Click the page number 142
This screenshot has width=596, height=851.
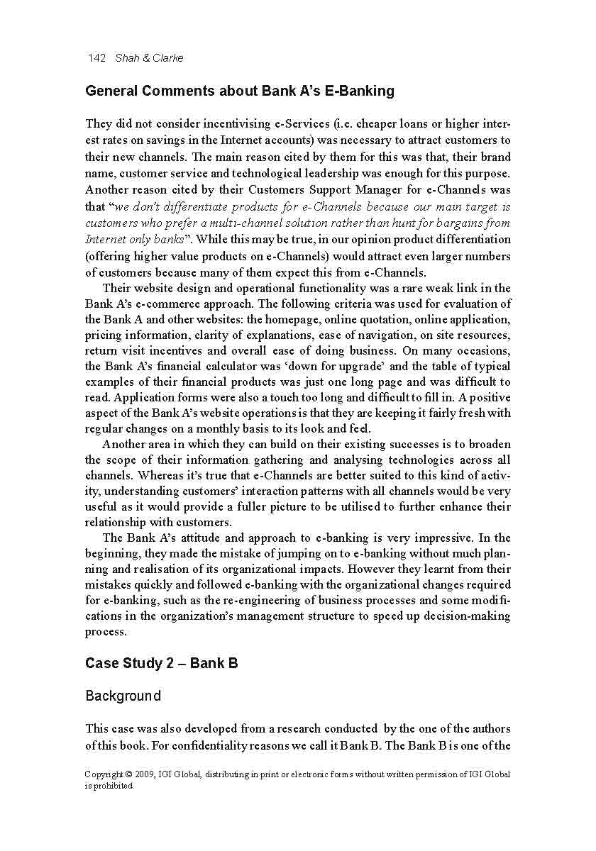pyautogui.click(x=96, y=58)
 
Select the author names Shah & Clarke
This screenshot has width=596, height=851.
pyautogui.click(x=149, y=58)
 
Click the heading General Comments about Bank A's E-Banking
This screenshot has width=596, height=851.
pyautogui.click(x=240, y=91)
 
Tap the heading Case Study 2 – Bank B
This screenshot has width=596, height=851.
pyautogui.click(x=161, y=663)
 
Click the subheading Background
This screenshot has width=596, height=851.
pyautogui.click(x=123, y=696)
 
